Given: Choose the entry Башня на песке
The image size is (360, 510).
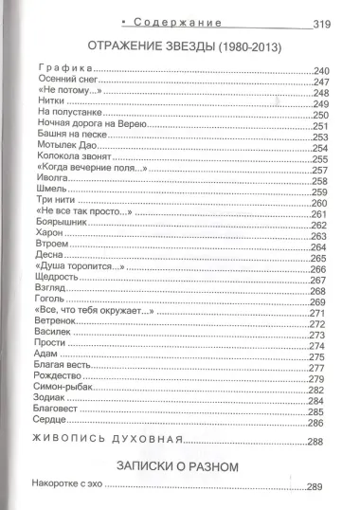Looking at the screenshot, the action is coord(69,137).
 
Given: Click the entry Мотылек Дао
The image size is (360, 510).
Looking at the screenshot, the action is coord(66,148).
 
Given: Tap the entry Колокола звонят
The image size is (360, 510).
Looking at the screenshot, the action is coord(73,159).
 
